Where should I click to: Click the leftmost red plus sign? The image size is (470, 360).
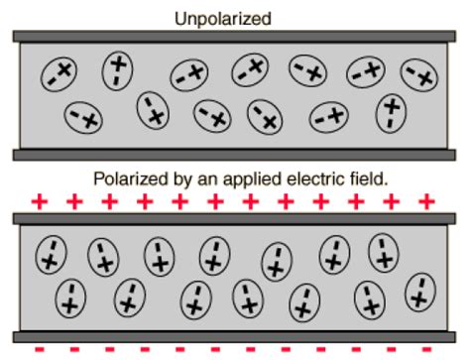[40, 202]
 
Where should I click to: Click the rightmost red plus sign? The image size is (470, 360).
[426, 202]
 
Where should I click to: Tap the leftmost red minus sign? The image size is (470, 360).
[40, 350]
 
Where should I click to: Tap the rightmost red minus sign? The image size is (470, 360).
[428, 350]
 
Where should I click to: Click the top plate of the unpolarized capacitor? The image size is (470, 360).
[234, 37]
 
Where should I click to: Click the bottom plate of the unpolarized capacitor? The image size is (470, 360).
[234, 155]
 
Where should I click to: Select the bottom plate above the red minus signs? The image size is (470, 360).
[234, 336]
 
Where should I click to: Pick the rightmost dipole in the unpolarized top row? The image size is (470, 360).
[419, 73]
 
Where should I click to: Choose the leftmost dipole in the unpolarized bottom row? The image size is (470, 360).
[83, 117]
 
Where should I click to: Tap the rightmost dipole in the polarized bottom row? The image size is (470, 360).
[420, 293]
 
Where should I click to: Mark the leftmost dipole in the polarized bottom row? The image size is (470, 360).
[70, 297]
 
